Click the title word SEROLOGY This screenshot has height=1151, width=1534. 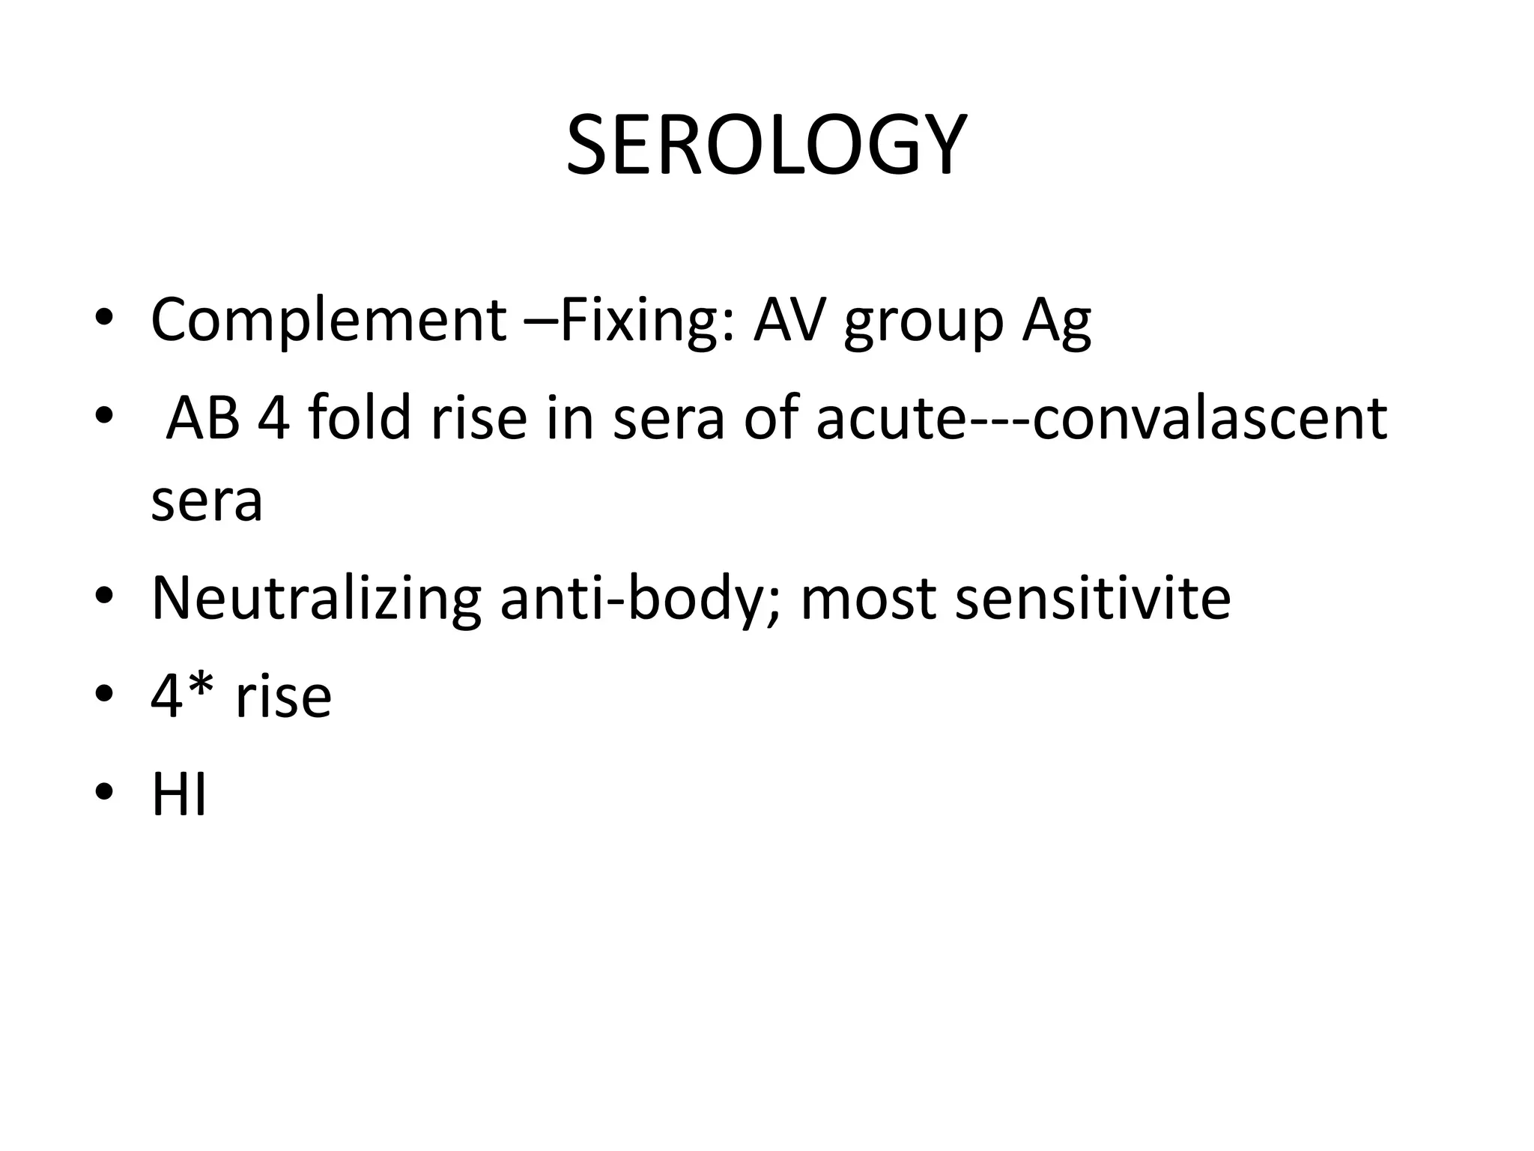tap(766, 145)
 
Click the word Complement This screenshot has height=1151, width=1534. tap(329, 320)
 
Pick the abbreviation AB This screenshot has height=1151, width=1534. tap(202, 417)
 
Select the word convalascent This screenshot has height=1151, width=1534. tap(1209, 417)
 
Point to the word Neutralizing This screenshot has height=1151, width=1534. tap(316, 599)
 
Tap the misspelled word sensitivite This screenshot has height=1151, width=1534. tap(1093, 599)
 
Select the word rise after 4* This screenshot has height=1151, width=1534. tap(283, 697)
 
